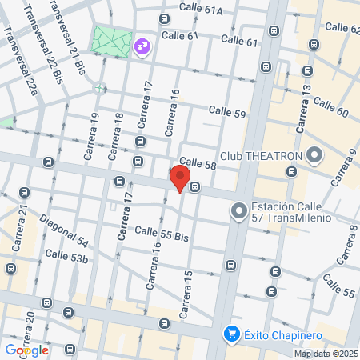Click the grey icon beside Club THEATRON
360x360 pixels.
click(x=314, y=154)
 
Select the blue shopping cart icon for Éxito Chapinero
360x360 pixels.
click(x=231, y=334)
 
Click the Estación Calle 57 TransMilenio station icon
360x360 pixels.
click(x=238, y=212)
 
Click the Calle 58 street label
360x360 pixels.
click(x=198, y=163)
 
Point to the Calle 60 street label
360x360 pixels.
click(x=330, y=106)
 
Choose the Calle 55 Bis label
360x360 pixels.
click(x=161, y=234)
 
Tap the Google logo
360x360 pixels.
click(x=26, y=350)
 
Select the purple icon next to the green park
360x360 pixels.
click(x=142, y=47)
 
